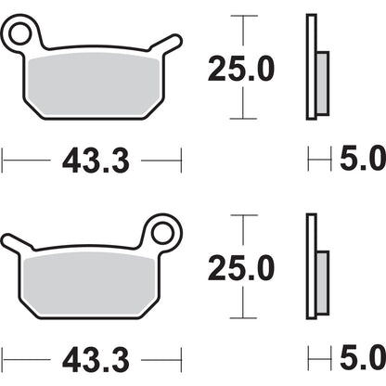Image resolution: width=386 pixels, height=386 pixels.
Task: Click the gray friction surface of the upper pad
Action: pyautogui.click(x=93, y=84)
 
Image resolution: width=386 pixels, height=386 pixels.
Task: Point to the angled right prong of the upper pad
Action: pyautogui.click(x=167, y=43)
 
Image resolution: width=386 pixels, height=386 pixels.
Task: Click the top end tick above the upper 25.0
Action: pyautogui.click(x=241, y=16)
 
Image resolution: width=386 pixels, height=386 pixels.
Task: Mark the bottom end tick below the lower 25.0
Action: pyautogui.click(x=241, y=317)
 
